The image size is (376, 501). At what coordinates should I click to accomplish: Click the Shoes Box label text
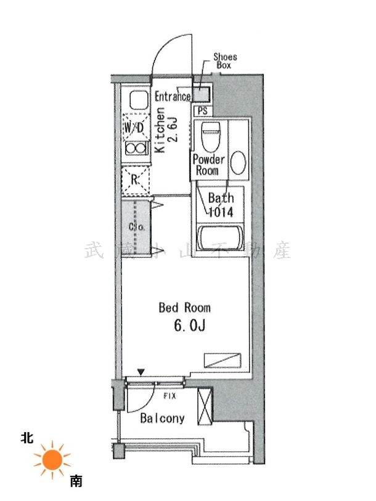(x=225, y=61)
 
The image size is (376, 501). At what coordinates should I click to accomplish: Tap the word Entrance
(x=173, y=96)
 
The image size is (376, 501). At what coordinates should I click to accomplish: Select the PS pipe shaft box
(x=202, y=111)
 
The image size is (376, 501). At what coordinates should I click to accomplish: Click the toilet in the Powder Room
(x=211, y=137)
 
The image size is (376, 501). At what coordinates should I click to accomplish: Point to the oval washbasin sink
(x=238, y=162)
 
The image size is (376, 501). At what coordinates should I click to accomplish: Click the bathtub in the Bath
(x=220, y=238)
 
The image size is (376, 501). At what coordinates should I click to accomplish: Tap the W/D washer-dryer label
(x=134, y=129)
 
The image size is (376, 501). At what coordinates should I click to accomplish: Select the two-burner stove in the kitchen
(x=137, y=148)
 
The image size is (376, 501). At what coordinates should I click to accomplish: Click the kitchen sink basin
(x=139, y=100)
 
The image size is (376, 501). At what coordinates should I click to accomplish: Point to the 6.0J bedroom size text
(x=189, y=326)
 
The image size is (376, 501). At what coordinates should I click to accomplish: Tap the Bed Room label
(x=185, y=308)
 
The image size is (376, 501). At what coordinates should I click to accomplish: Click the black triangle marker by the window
(x=141, y=372)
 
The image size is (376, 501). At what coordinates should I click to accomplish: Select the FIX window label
(x=170, y=396)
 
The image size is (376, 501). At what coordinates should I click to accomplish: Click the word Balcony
(x=163, y=419)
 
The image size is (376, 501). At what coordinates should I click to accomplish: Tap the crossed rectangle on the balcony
(x=205, y=406)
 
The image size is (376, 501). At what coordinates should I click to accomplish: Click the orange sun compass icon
(x=52, y=460)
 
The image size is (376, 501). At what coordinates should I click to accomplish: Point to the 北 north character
(x=27, y=438)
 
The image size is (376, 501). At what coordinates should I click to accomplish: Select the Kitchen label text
(x=160, y=130)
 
